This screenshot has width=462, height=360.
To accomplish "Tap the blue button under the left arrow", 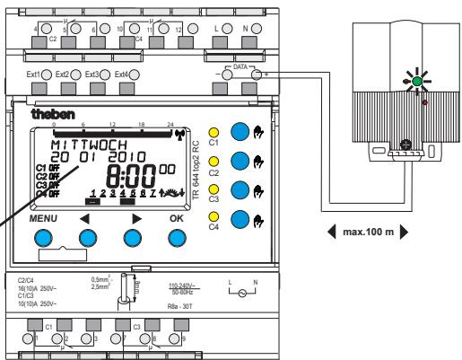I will click(x=88, y=238).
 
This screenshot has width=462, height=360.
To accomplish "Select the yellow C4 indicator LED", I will click(x=214, y=218).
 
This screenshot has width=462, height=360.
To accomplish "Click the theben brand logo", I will click(x=47, y=116).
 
